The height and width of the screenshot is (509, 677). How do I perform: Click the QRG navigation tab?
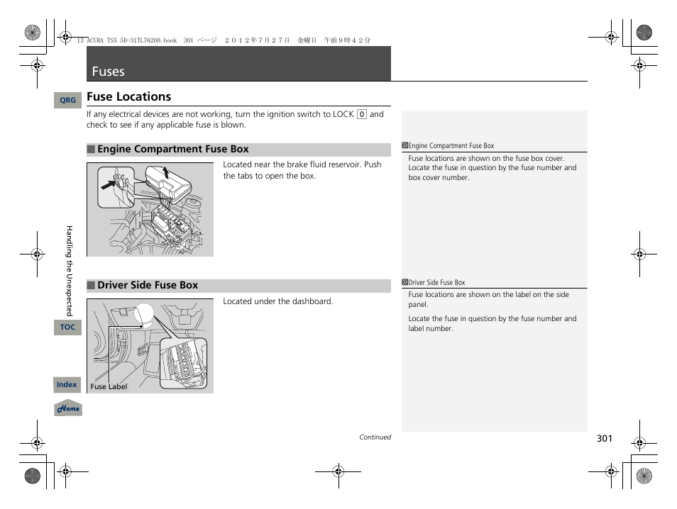(x=67, y=101)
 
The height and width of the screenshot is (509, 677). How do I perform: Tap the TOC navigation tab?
(x=67, y=327)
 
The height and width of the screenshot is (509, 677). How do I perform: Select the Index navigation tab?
(x=67, y=384)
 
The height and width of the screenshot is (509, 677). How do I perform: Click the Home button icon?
(x=68, y=408)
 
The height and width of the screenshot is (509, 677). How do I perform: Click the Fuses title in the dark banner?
(x=108, y=72)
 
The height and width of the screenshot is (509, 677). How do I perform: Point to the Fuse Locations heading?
(x=128, y=97)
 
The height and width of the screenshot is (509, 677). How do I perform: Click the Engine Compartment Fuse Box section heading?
(x=172, y=150)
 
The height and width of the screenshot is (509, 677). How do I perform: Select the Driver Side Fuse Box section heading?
(x=147, y=286)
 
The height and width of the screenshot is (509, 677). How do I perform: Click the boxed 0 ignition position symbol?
(x=361, y=114)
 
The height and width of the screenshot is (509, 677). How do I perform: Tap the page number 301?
(x=604, y=439)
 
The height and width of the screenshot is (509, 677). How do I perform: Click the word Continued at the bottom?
(x=375, y=437)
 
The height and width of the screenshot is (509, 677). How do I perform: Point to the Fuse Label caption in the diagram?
(x=109, y=387)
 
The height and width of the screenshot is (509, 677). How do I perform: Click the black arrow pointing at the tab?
(x=109, y=186)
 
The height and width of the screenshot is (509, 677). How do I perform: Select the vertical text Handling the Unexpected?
(x=70, y=270)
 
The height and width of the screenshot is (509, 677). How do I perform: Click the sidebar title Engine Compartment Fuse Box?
(x=451, y=146)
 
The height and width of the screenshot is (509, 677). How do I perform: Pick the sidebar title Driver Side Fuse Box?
(x=436, y=282)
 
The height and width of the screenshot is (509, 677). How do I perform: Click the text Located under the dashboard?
(x=277, y=301)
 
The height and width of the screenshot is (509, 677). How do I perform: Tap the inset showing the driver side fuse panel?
(x=183, y=363)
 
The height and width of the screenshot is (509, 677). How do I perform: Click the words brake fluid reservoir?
(x=325, y=164)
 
